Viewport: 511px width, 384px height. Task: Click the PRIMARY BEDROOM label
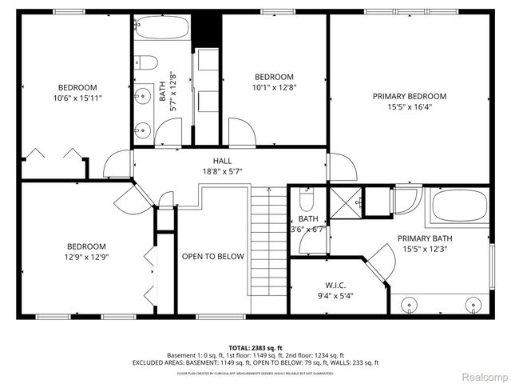(x=410, y=96)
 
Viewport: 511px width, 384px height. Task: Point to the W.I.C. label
(x=335, y=285)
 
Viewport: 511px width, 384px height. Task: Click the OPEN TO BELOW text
(x=212, y=256)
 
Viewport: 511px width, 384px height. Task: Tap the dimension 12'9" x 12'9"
(x=86, y=257)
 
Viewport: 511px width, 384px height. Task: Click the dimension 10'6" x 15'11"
(x=77, y=98)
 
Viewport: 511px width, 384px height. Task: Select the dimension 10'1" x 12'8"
(x=274, y=87)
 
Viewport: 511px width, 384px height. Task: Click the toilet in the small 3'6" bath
(x=307, y=198)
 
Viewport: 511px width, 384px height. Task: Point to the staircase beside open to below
(x=269, y=248)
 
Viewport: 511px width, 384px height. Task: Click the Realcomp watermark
(x=483, y=375)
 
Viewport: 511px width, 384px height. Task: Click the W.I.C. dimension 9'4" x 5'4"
(x=335, y=295)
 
